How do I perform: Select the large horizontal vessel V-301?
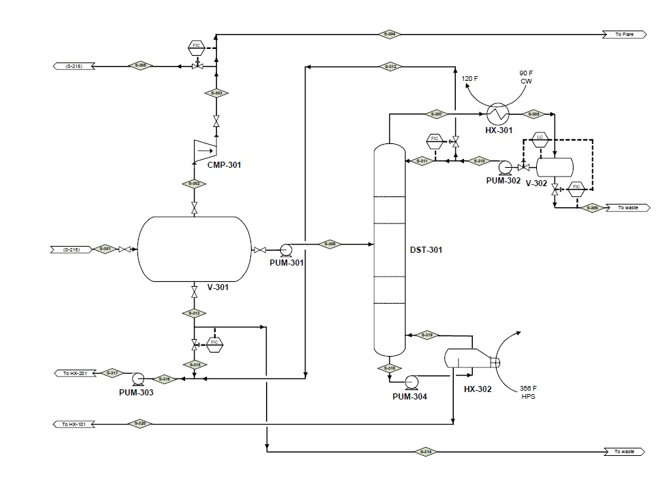pos(194,249)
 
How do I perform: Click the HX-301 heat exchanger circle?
pos(498,113)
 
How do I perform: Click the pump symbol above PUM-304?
pos(411,380)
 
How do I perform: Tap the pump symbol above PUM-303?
pos(137,378)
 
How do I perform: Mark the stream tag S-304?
pos(389,33)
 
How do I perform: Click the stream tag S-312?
pos(390,67)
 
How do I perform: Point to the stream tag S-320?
pos(140,424)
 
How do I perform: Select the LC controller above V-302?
pos(540,138)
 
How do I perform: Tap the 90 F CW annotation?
pos(526,77)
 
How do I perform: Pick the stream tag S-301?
pos(105,249)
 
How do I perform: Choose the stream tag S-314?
pos(426,451)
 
